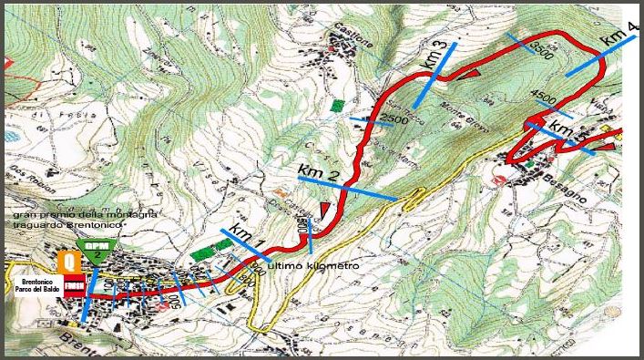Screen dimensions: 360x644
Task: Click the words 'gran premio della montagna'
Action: pyautogui.click(x=84, y=214)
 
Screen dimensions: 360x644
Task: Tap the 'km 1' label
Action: pyautogui.click(x=246, y=236)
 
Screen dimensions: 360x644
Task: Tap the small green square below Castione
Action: pyautogui.click(x=338, y=105)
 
